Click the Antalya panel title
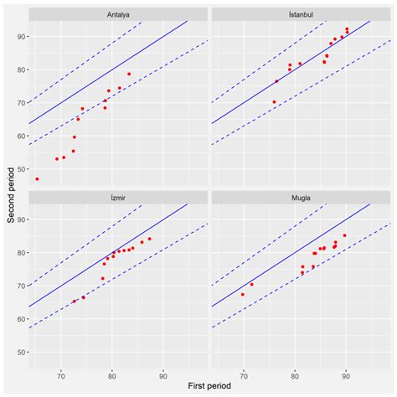tap(118, 14)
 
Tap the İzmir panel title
tap(118, 197)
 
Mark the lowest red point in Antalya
tap(37, 178)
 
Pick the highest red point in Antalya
tap(129, 74)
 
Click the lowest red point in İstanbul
tap(274, 102)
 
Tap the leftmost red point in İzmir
tap(74, 301)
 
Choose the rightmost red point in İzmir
tap(149, 239)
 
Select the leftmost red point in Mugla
tap(243, 294)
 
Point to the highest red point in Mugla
tap(344, 235)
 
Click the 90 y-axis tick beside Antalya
tap(21, 37)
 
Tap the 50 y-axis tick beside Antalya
tap(21, 168)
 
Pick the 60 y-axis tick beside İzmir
tap(21, 318)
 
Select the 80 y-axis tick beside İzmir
tap(21, 252)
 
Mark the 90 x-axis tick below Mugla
tap(345, 374)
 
